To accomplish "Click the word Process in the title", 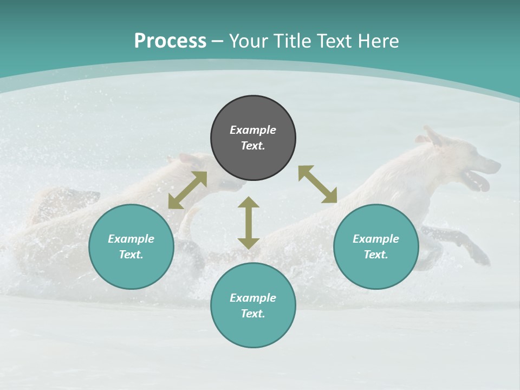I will coord(170,41).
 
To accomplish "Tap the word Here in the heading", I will coord(378,41).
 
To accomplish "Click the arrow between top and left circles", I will coord(187,190).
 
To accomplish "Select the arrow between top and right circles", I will coord(317,184).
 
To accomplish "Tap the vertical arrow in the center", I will coord(249,223).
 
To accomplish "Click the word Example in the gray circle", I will coord(253,130).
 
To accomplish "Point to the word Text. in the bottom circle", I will coord(253,314).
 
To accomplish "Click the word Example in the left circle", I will coord(131,239).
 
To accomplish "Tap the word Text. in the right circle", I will coord(376,255).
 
